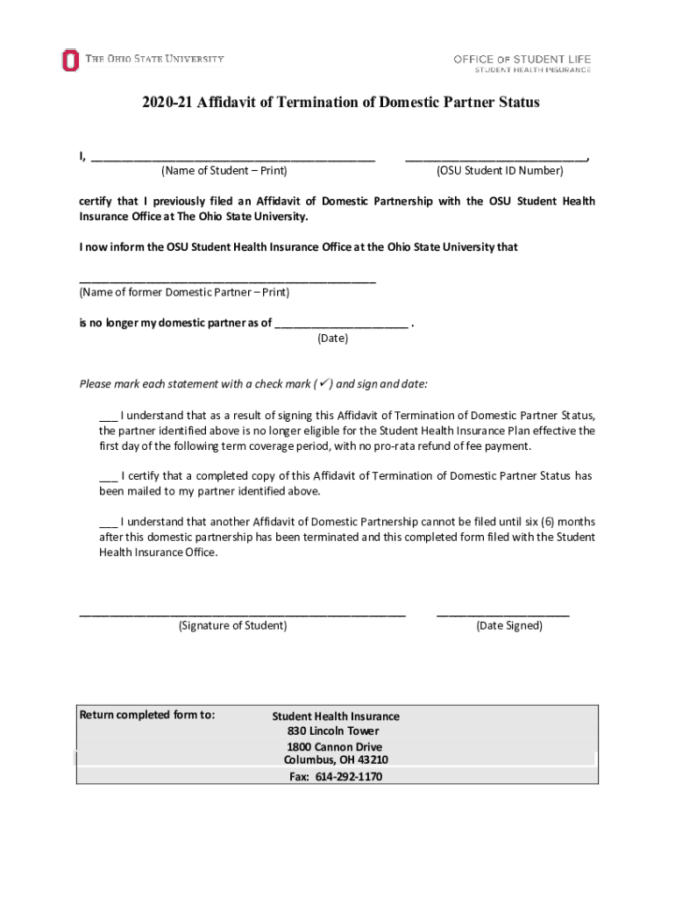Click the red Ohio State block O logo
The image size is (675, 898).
click(x=70, y=61)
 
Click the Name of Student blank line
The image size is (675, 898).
click(x=232, y=159)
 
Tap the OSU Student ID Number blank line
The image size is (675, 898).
click(x=496, y=159)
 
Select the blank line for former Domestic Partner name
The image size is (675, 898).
click(x=227, y=281)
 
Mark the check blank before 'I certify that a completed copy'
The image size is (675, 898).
click(x=108, y=477)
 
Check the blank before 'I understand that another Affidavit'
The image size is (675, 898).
click(x=108, y=522)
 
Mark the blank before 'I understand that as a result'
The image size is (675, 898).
click(x=108, y=417)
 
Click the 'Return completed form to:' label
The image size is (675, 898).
click(x=147, y=715)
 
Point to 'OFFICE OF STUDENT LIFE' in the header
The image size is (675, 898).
click(x=522, y=59)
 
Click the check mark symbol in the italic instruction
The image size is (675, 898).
click(x=323, y=383)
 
